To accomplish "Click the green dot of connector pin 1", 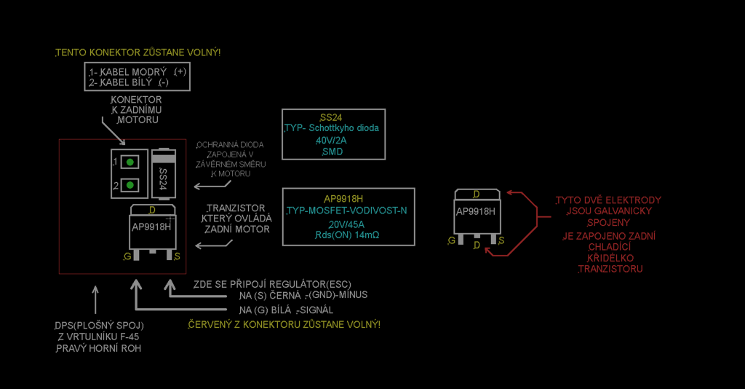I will click(x=130, y=162).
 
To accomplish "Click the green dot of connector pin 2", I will click(x=130, y=186).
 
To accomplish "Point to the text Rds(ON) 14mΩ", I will click(x=346, y=235).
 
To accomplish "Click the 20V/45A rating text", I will click(x=346, y=224).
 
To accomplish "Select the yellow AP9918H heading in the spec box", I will click(x=343, y=198).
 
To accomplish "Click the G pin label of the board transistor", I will click(x=128, y=256).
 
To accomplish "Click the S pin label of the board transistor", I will click(x=176, y=256).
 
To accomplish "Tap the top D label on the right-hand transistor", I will click(x=477, y=194).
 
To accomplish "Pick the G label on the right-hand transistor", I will click(x=452, y=240).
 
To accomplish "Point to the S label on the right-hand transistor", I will click(x=501, y=240).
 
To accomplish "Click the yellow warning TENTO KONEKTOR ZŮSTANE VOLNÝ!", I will click(x=138, y=53).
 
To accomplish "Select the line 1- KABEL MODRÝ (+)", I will click(x=137, y=72).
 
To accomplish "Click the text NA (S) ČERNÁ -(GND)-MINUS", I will click(x=303, y=295).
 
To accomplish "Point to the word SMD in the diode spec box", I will click(x=332, y=152).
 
